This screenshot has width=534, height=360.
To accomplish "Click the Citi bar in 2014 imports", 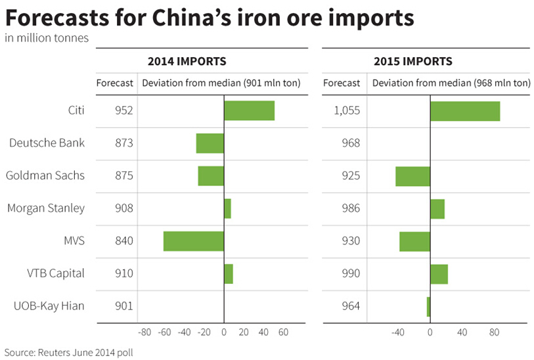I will pyautogui.click(x=249, y=110).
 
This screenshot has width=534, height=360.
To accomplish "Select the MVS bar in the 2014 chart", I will pyautogui.click(x=194, y=241).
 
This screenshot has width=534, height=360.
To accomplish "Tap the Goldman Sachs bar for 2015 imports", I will pyautogui.click(x=412, y=176).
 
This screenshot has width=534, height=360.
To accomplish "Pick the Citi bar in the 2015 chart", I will pyautogui.click(x=465, y=110).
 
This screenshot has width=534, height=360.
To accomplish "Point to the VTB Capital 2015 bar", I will pyautogui.click(x=439, y=274).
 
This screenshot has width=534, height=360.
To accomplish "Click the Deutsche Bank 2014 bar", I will pyautogui.click(x=210, y=143).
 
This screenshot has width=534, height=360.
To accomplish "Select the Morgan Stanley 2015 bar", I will pyautogui.click(x=437, y=209).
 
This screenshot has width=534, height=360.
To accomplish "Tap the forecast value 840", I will pyautogui.click(x=123, y=241).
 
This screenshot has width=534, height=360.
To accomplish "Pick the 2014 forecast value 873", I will pyautogui.click(x=123, y=143).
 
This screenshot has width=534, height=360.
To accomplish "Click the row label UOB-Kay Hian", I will pyautogui.click(x=49, y=306).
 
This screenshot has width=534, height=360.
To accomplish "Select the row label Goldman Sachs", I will pyautogui.click(x=45, y=176).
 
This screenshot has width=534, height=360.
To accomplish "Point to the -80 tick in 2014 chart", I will pyautogui.click(x=145, y=332).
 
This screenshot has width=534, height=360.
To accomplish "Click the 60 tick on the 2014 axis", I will pyautogui.click(x=283, y=332).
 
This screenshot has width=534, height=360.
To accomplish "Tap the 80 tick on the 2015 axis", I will pyautogui.click(x=494, y=332).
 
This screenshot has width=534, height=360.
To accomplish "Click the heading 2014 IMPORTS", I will pyautogui.click(x=187, y=62).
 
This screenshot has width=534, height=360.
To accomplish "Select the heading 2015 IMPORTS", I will pyautogui.click(x=412, y=62).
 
